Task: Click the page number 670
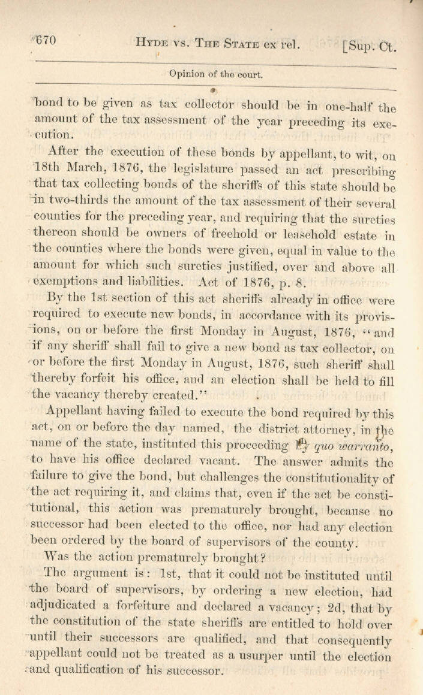point(46,41)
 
